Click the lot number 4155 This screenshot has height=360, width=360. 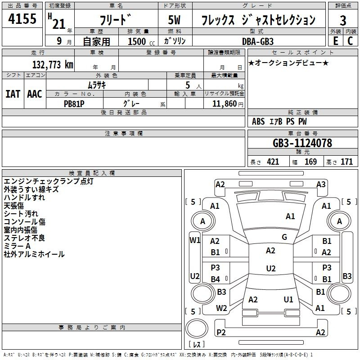click(x=22, y=18)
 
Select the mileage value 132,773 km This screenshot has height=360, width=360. click(x=53, y=64)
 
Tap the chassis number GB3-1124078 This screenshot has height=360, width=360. click(x=302, y=143)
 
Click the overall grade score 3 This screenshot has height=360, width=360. click(x=343, y=20)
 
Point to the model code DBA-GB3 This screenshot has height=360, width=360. click(x=258, y=41)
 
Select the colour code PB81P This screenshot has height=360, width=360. click(x=74, y=104)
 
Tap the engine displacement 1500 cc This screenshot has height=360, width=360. click(x=141, y=41)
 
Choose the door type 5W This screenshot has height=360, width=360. click(x=174, y=20)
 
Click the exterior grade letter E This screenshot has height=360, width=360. click(x=336, y=41)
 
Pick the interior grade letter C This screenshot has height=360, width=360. click(x=350, y=41)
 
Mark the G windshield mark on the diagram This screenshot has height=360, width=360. click(x=284, y=237)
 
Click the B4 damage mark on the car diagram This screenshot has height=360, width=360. click(x=216, y=279)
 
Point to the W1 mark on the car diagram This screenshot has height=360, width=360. click(x=195, y=240)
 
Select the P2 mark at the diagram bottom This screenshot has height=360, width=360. click(x=221, y=332)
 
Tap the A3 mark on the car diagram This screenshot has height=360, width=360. click(x=321, y=184)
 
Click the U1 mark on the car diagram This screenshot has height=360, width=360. click(x=288, y=299)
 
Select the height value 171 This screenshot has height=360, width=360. click(x=346, y=162)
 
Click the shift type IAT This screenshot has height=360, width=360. click(x=13, y=94)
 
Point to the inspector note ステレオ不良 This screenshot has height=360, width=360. click(x=24, y=238)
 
